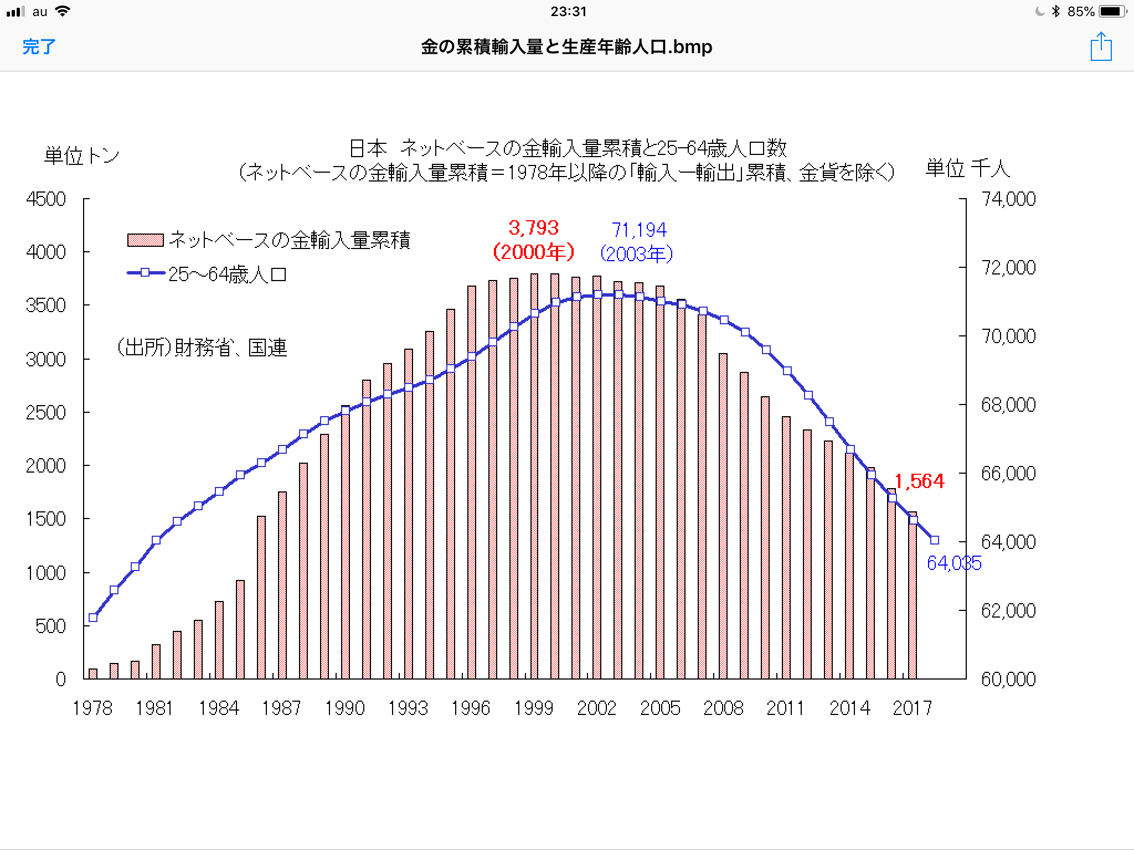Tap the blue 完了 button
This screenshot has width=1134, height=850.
39,46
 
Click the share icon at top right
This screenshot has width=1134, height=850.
1101,46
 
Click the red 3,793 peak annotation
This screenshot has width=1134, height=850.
534,228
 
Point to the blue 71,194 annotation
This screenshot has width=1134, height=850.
638,230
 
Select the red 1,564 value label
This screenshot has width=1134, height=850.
919,481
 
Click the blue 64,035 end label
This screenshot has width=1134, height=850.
953,563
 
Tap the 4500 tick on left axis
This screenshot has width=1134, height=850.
46,199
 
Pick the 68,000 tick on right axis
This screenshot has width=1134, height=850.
1008,405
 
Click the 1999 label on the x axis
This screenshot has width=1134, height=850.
534,708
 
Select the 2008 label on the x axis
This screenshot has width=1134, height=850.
723,708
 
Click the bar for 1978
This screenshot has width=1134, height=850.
93,673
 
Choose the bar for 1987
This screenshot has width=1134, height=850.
282,585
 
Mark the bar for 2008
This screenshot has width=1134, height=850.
723,516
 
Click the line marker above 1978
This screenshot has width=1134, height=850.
93,618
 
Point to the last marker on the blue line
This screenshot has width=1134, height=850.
935,540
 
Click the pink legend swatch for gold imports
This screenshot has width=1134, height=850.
145,240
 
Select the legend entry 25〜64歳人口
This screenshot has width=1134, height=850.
227,274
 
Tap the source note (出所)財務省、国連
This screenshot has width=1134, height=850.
202,348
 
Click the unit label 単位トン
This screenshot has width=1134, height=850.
81,156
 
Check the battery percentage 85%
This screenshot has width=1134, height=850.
1080,12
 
